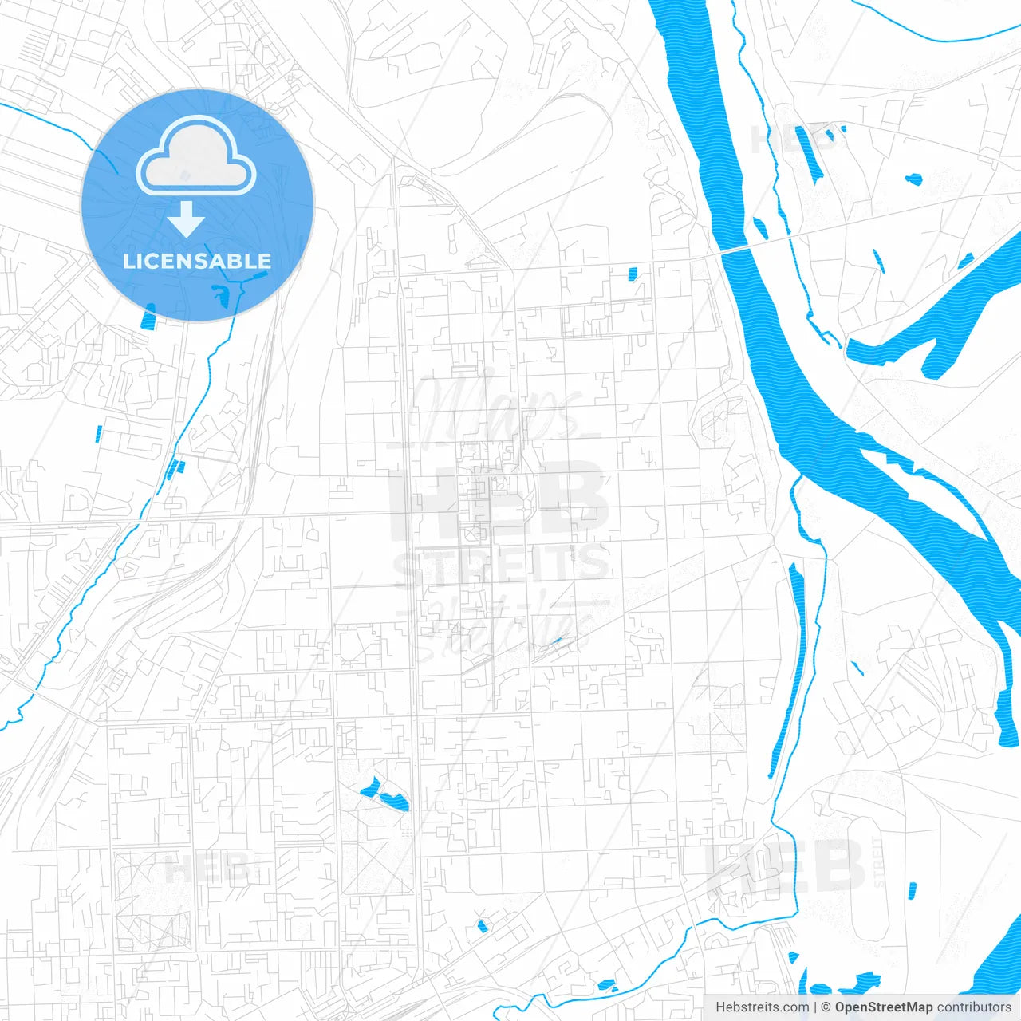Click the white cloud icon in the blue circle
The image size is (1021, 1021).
coord(196,156)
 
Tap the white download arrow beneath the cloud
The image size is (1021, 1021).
coord(186,219)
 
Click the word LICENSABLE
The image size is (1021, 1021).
coord(197,261)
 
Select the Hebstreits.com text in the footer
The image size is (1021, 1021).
coord(762,1007)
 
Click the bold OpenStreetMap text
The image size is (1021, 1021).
coord(883,1007)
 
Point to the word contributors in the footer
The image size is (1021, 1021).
coord(974,1007)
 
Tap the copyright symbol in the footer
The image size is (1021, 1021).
coord(826,1007)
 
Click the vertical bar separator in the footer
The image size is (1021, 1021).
coord(815,1007)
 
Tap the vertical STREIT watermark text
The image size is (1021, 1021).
coord(879,861)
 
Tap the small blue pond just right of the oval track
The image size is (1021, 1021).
coord(912,890)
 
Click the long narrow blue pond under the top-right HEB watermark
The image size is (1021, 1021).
coord(807,154)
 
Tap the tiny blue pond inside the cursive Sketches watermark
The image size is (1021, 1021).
coord(556,640)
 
